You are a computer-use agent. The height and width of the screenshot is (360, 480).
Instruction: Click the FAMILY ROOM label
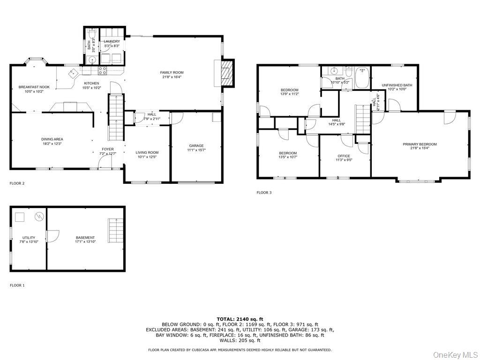click(172, 73)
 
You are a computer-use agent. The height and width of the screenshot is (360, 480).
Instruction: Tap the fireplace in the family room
click(227, 73)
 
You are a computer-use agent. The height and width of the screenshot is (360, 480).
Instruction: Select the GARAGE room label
click(196, 146)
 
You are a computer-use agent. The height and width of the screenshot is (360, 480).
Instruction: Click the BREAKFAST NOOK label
click(34, 87)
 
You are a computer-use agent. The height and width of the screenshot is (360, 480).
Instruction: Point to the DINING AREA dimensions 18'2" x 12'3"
click(52, 144)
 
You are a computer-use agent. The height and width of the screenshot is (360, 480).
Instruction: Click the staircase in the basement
click(114, 228)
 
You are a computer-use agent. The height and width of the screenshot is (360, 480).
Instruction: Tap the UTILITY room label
click(29, 238)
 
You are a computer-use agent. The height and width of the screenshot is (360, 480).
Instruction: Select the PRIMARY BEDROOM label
click(420, 144)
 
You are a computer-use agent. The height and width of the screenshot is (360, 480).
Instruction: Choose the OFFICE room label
click(344, 156)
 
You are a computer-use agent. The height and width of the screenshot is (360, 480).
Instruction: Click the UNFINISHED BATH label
click(397, 85)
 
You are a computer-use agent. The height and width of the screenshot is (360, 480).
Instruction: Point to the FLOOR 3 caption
click(264, 193)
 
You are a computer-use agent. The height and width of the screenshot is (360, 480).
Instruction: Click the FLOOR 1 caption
click(17, 285)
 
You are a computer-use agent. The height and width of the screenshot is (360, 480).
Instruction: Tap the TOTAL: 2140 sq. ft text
click(240, 319)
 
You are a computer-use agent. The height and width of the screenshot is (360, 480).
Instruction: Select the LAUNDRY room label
click(112, 42)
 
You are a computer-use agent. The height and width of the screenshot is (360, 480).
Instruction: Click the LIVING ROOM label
click(147, 152)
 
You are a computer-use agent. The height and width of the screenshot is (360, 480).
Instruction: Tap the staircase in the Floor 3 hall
click(361, 119)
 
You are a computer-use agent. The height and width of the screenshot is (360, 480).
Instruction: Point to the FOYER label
click(108, 149)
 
